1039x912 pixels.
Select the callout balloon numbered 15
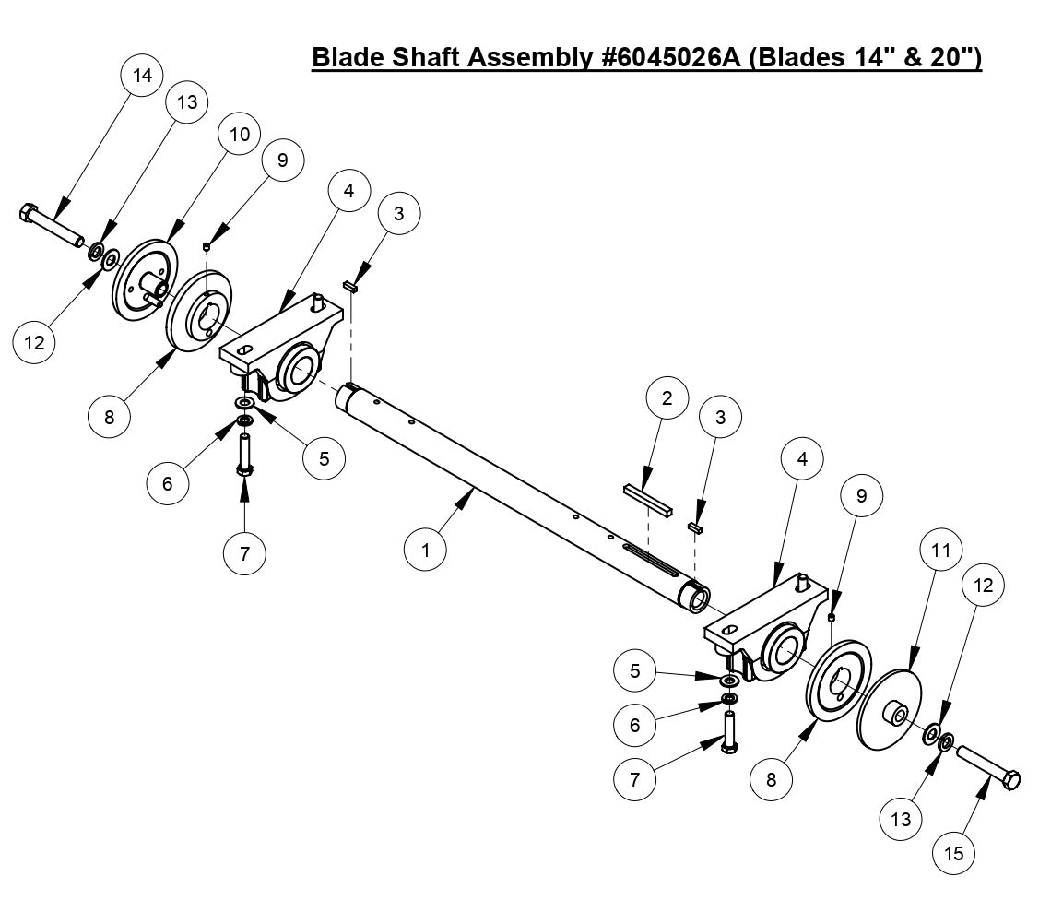[x=954, y=854]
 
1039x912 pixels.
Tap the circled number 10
[x=239, y=134]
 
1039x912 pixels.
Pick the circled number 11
[x=940, y=551]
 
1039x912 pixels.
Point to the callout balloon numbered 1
[x=426, y=551]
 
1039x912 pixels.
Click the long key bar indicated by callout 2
[x=648, y=499]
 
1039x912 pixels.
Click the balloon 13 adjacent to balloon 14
[x=187, y=102]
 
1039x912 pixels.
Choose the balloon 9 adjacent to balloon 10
[x=282, y=160]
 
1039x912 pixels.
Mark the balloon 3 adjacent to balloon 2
[x=720, y=417]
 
